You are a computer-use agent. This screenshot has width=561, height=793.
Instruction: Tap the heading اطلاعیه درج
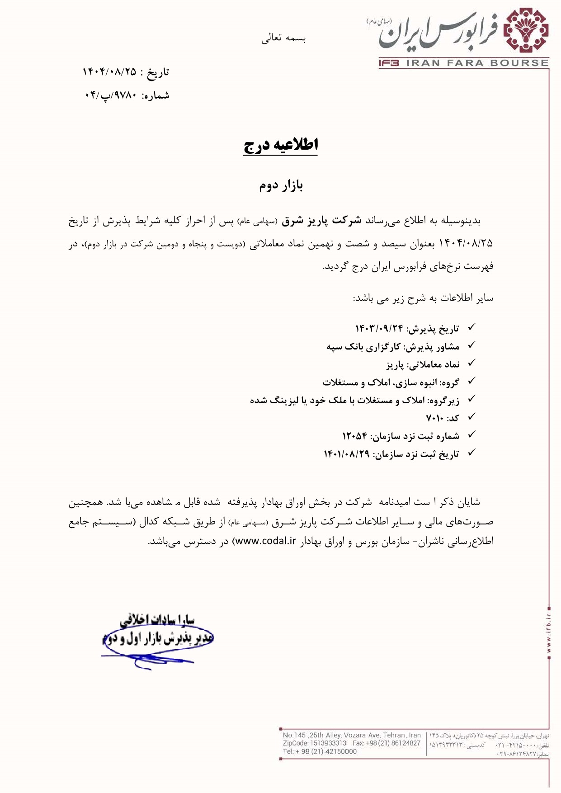pyautogui.click(x=281, y=145)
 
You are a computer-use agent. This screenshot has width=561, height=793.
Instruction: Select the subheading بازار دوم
pyautogui.click(x=281, y=185)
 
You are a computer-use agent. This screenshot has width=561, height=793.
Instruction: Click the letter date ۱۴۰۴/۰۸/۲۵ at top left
pyautogui.click(x=109, y=72)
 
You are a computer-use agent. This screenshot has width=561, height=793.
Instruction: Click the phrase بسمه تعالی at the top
pyautogui.click(x=283, y=38)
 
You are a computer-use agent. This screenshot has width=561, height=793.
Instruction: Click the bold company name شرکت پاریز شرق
pyautogui.click(x=321, y=221)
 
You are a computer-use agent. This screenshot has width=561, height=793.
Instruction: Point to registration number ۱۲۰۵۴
pyautogui.click(x=354, y=436)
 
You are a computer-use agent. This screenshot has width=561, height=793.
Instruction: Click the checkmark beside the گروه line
pyautogui.click(x=471, y=382)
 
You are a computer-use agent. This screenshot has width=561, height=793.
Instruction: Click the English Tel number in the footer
pyautogui.click(x=320, y=751)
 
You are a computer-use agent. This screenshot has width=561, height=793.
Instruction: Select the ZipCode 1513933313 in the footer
pyautogui.click(x=328, y=743)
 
